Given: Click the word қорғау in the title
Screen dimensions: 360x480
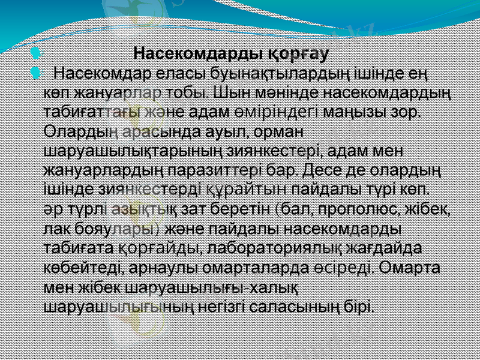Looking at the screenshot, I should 297,55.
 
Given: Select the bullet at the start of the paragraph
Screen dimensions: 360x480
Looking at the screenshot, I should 35,74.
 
